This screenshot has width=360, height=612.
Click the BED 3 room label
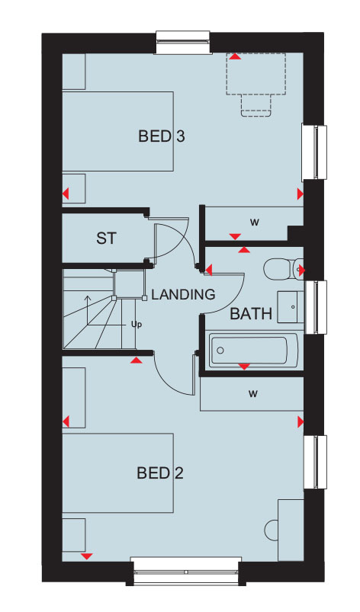pos(161,136)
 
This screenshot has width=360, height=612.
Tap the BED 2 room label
pos(160,473)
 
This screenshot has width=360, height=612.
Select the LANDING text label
pos(183,294)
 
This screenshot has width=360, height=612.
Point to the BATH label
pos(251,313)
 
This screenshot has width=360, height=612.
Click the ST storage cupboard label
pos(107,239)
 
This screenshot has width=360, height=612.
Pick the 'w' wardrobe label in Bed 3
pos(255,223)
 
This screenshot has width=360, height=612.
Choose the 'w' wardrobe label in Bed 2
pos(253,394)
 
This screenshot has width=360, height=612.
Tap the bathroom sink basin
pos(291,307)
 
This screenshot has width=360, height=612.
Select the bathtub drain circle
pos(220,350)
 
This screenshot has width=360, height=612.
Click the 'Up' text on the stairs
pos(137,325)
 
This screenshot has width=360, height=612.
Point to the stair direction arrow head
pos(88,298)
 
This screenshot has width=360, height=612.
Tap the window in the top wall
pos(183,42)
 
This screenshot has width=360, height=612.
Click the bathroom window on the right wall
pos(316,307)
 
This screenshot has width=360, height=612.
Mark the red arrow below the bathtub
pos(244,367)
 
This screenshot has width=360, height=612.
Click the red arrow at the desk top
pos(235,57)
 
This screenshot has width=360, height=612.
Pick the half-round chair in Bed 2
pos(271,530)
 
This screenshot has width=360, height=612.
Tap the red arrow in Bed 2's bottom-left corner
pos(86,556)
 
